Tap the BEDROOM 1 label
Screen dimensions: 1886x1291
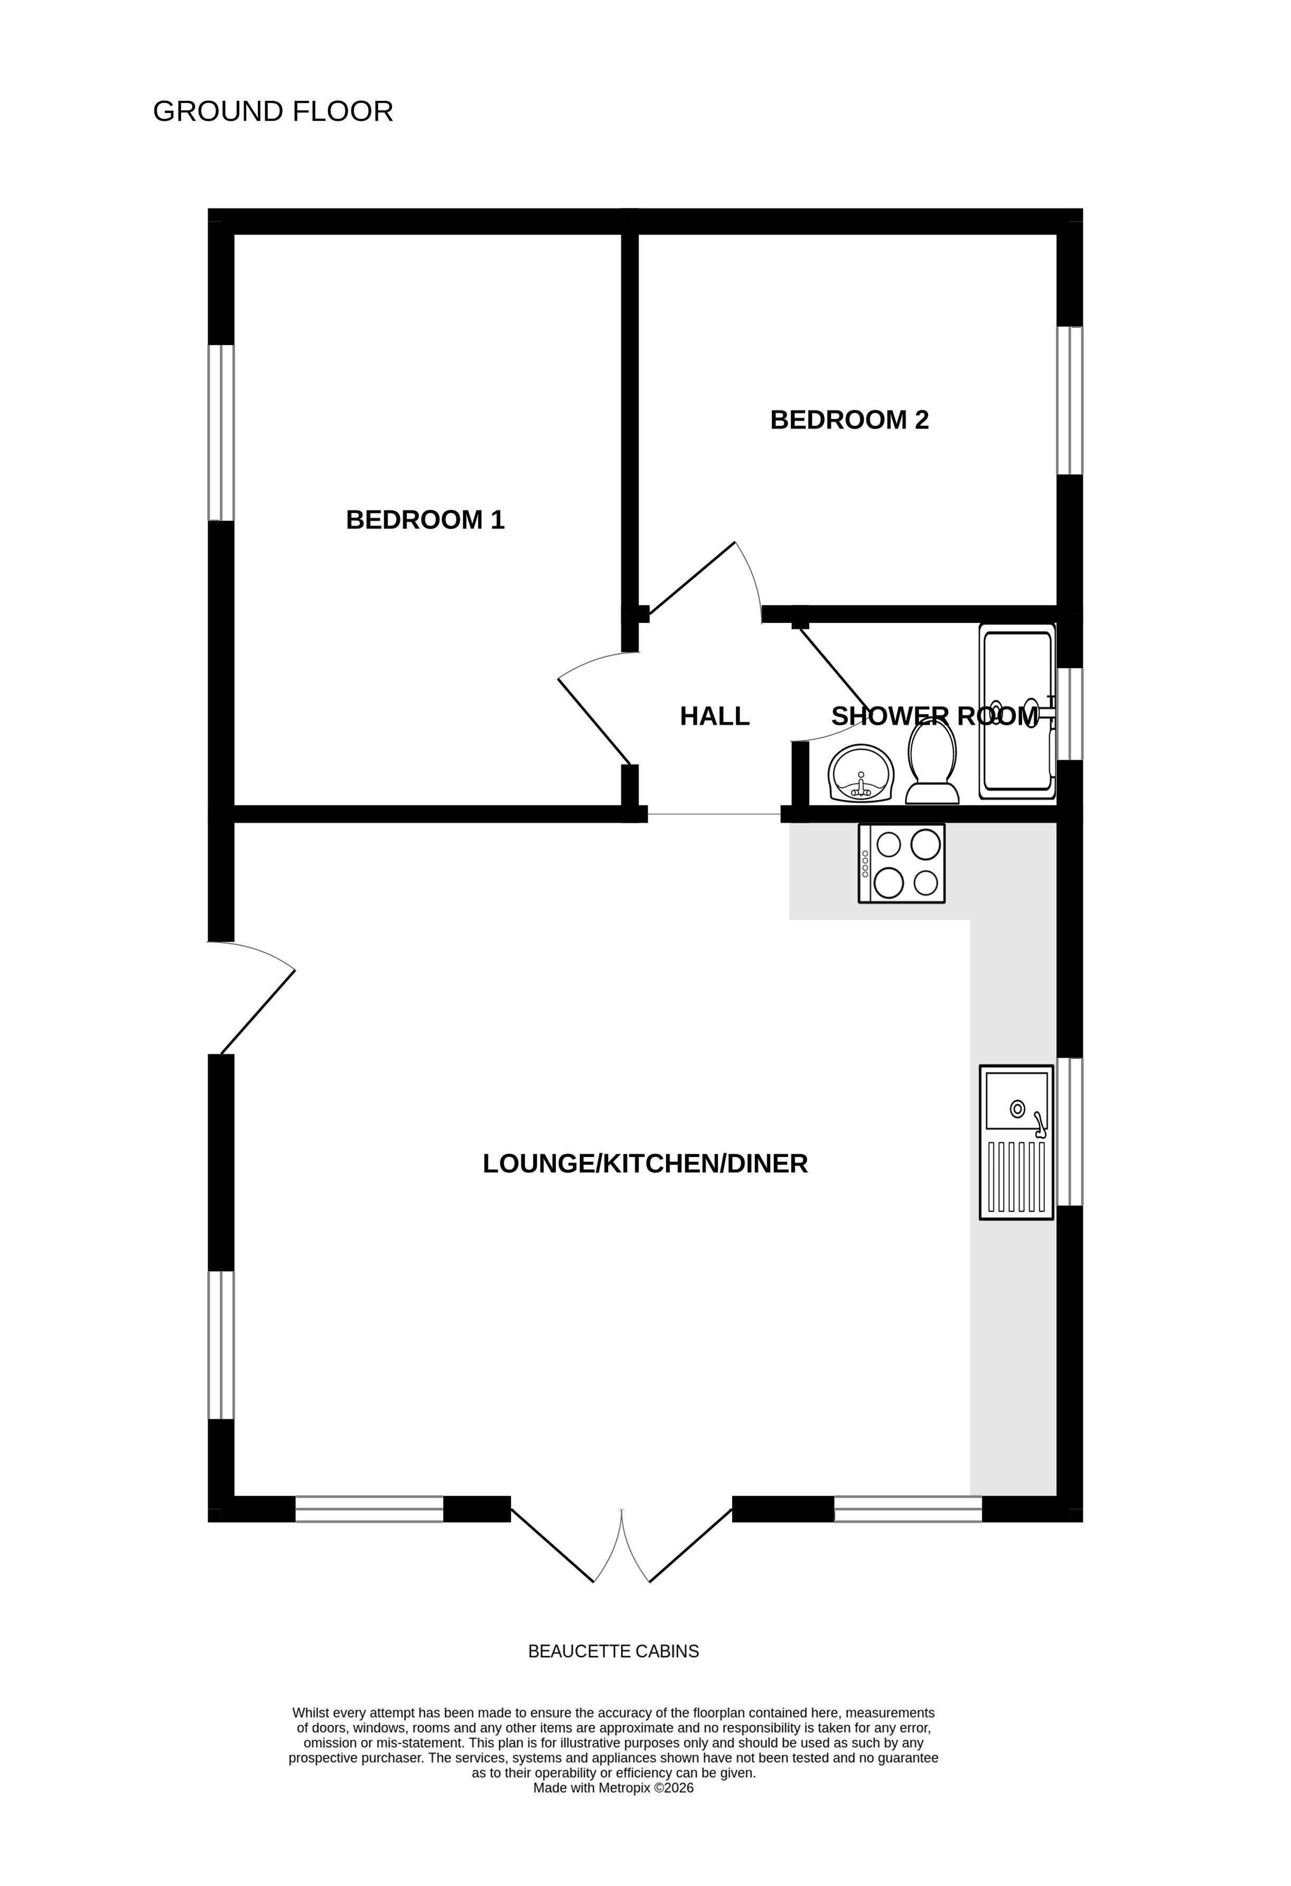coord(425,519)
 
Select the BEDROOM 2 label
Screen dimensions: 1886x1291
coord(849,419)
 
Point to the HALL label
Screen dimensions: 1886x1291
coord(714,716)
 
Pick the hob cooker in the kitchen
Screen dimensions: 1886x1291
coord(902,863)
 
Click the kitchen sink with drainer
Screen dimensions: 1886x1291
coord(1016,1142)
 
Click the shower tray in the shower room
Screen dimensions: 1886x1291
coord(1017,711)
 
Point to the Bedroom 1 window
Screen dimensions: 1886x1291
coord(221,433)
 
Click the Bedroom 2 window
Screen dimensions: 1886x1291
coord(1070,400)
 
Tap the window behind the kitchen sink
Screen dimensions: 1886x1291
coord(1070,1131)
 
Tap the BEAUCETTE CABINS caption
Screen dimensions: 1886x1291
coord(613,1651)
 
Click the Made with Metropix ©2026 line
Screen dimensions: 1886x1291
coord(613,1788)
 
